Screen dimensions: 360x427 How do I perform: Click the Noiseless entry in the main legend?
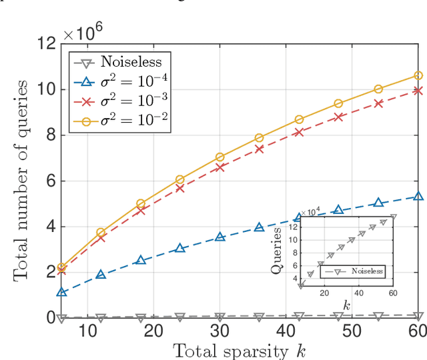click(x=127, y=63)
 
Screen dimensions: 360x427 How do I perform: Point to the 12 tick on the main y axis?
click(x=46, y=44)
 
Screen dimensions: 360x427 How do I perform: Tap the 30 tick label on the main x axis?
click(x=220, y=331)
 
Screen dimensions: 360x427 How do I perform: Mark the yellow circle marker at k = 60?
click(x=418, y=75)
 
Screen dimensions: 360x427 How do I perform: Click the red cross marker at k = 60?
click(x=418, y=90)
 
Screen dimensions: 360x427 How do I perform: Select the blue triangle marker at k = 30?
click(x=220, y=237)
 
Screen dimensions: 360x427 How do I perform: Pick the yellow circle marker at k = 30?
click(x=220, y=157)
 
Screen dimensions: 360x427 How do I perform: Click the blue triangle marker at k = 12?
click(x=101, y=275)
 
